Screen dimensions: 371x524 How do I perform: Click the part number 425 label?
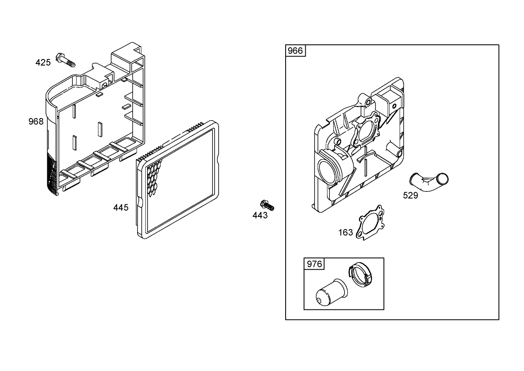(x=43, y=63)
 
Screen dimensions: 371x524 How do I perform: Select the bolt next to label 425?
(x=66, y=60)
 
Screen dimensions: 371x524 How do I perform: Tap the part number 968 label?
(x=36, y=121)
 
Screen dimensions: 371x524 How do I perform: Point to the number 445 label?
(x=121, y=207)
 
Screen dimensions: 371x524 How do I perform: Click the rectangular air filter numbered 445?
(x=179, y=180)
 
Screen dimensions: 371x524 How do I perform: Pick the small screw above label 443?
(x=266, y=205)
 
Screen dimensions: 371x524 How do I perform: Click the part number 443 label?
(x=260, y=215)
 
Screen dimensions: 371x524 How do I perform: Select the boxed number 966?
(x=295, y=51)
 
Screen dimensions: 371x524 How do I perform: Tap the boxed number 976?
(x=314, y=264)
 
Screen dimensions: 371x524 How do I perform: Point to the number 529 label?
(x=410, y=195)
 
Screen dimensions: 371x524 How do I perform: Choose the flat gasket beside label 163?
(x=370, y=222)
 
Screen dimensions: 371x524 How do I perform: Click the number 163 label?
(x=345, y=233)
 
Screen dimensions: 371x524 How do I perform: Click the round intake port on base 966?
(x=327, y=171)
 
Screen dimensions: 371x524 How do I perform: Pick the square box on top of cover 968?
(x=126, y=59)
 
